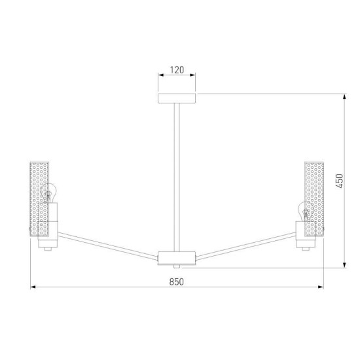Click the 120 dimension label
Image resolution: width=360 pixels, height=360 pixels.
coord(177,70)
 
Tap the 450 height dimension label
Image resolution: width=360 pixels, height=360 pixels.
coord(339,181)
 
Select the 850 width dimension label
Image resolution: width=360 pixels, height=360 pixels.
coord(176,281)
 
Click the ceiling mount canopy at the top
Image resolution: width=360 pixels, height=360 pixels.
coord(177,98)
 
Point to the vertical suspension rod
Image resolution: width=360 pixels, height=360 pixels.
coord(177,177)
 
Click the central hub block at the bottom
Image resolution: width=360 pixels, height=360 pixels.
coord(177,258)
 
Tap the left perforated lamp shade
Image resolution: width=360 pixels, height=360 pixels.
coord(39,199)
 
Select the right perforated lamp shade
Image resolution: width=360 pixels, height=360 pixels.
coord(314,199)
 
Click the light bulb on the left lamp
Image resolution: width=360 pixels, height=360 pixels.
coord(49,193)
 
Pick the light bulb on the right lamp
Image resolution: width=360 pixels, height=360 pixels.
coord(304,211)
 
